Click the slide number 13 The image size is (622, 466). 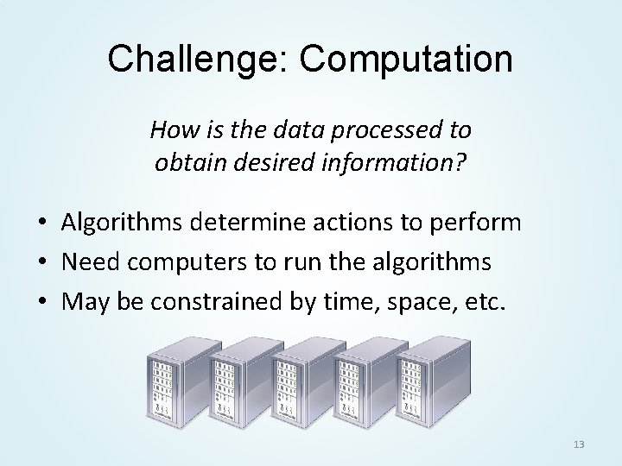coord(579,444)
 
